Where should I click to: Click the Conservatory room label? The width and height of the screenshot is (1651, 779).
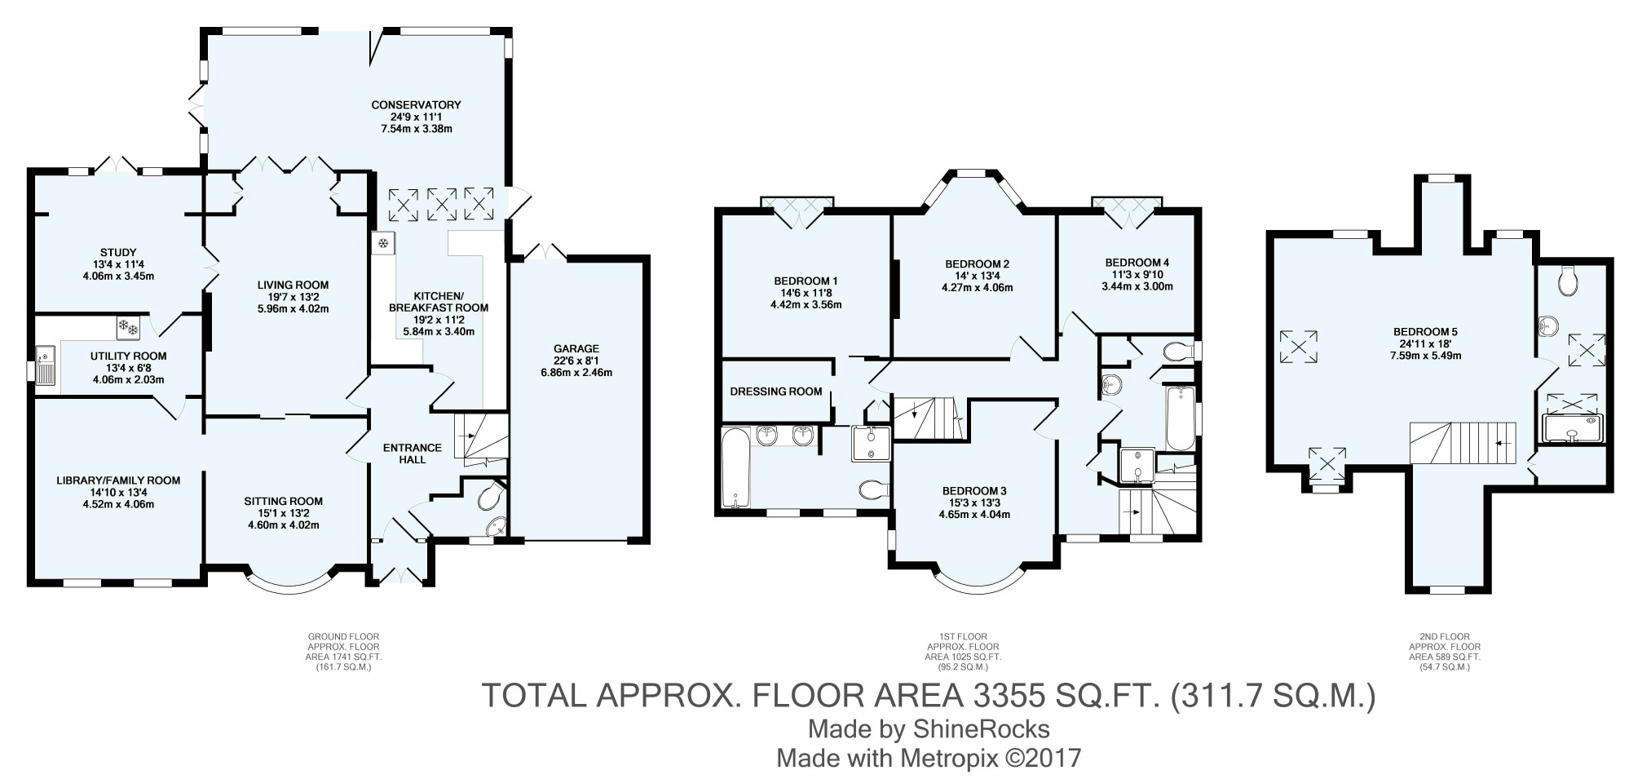(x=416, y=104)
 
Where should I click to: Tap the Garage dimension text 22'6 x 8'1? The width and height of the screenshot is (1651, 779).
(x=576, y=361)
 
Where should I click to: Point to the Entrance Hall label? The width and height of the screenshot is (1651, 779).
(x=413, y=454)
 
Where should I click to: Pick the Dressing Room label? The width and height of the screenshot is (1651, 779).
(x=775, y=392)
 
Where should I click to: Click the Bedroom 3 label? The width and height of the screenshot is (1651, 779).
(x=973, y=490)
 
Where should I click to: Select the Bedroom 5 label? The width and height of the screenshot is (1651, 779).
(x=1424, y=332)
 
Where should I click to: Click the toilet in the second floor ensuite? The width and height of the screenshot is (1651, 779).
(x=1567, y=281)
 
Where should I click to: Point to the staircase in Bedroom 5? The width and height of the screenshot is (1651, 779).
(x=1463, y=443)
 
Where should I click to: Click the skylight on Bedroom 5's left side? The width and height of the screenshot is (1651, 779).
(x=1299, y=346)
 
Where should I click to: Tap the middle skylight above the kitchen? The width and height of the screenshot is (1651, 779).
(x=442, y=204)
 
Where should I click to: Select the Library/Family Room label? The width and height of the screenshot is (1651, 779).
(x=118, y=480)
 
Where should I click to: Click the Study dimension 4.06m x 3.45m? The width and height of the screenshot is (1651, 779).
(x=118, y=276)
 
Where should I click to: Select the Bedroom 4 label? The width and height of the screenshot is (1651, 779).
(x=1137, y=263)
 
